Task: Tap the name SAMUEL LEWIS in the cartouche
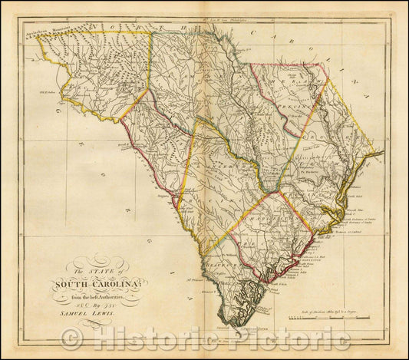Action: coord(83,314)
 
